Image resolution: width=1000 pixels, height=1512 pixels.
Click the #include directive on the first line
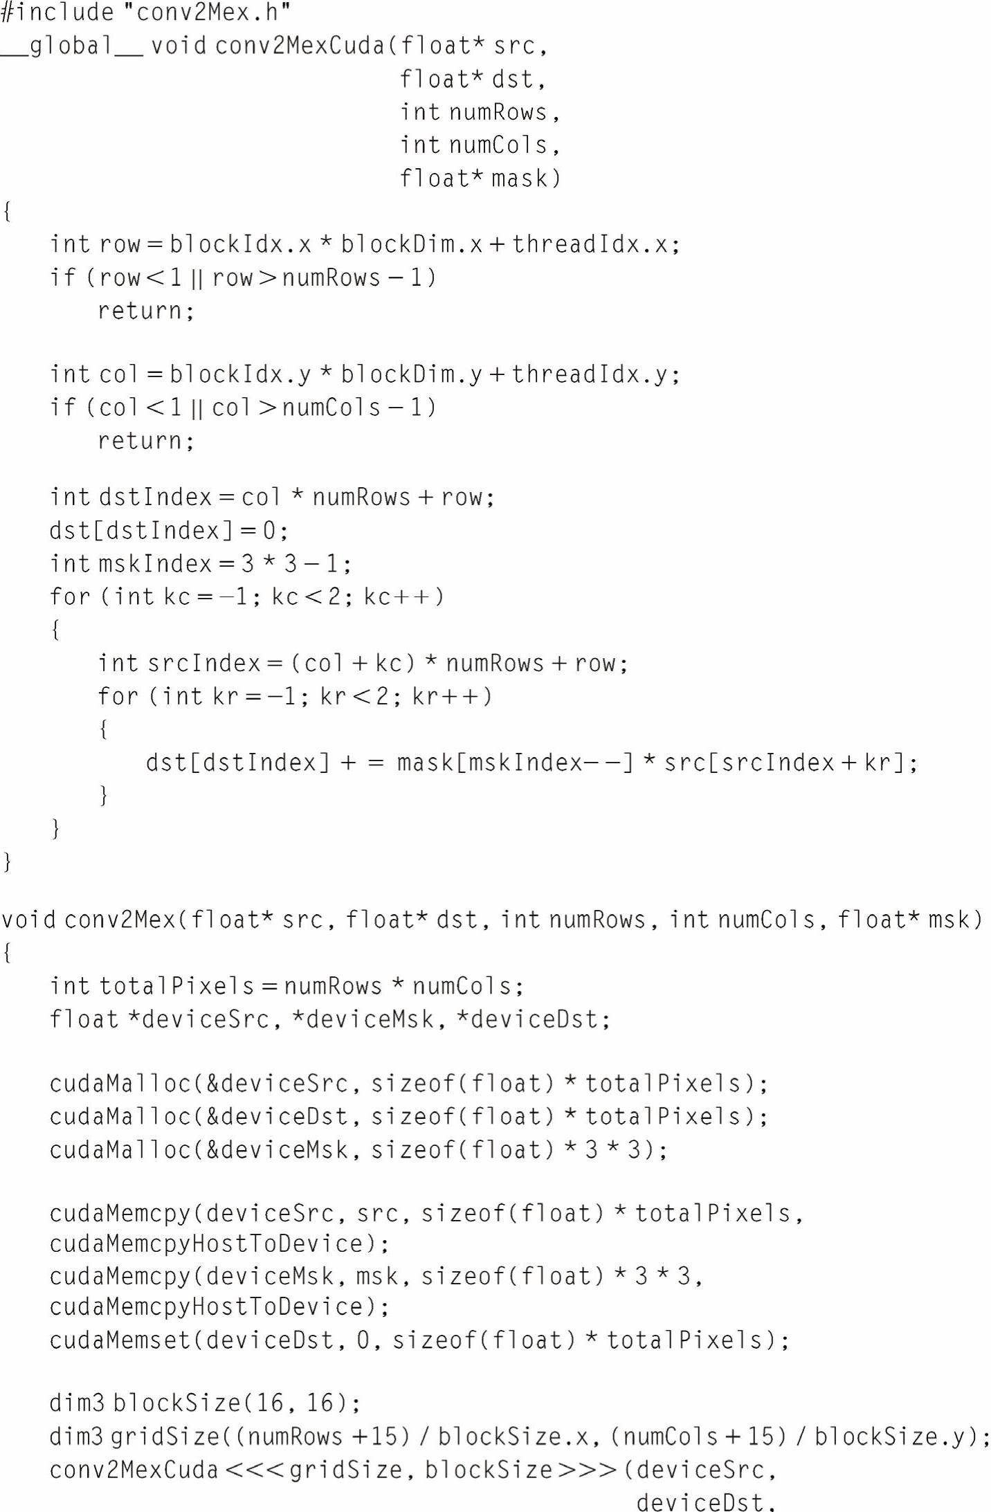click(x=57, y=12)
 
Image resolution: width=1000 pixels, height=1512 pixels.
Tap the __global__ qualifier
click(x=72, y=46)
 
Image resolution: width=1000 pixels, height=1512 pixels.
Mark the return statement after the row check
click(x=145, y=311)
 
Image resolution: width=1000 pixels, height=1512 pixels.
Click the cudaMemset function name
click(x=120, y=1340)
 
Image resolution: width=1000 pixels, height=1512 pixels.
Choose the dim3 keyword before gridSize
click(x=76, y=1437)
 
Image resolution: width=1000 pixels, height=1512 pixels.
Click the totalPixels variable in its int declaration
click(x=176, y=986)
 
